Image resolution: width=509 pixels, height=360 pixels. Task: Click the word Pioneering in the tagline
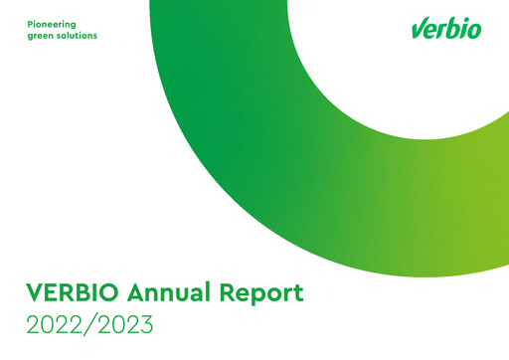click(x=52, y=22)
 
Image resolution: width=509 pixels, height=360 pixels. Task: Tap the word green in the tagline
click(x=41, y=36)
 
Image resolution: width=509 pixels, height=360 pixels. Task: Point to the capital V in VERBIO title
click(x=35, y=293)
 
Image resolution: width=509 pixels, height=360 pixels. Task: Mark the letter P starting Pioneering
click(x=29, y=22)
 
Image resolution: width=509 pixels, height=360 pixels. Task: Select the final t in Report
click(x=296, y=294)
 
